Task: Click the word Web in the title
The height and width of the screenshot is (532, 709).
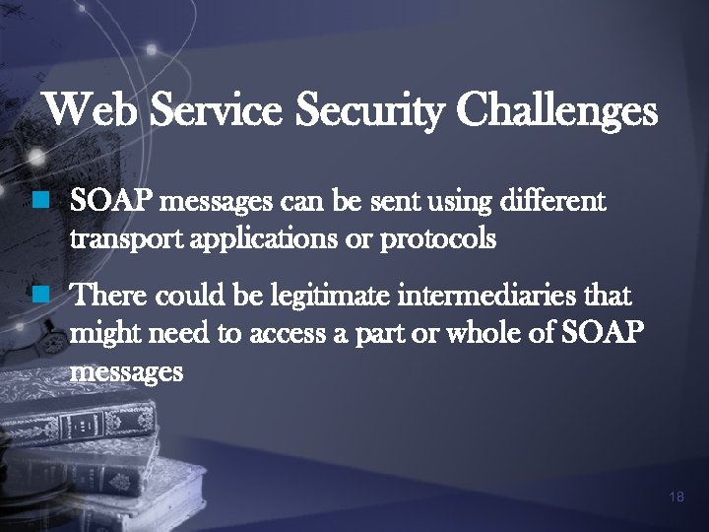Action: pos(94,110)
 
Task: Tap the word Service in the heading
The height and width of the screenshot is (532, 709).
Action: pos(217,110)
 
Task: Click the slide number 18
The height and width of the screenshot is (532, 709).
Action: pos(676,497)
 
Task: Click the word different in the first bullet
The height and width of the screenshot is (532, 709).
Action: pos(553,203)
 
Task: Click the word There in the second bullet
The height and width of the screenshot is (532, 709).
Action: pos(109,296)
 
